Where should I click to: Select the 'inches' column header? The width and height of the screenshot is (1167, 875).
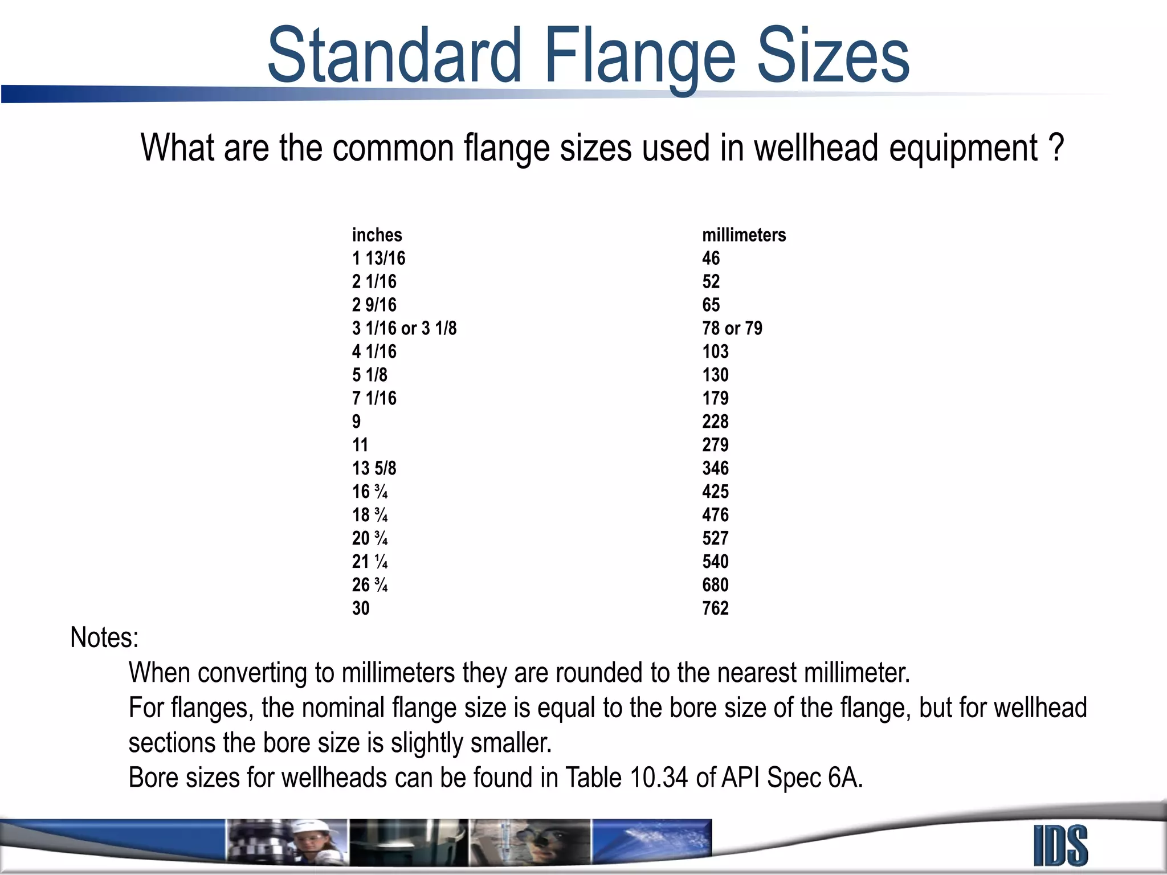[x=377, y=235]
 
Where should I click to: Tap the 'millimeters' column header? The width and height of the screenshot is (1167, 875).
[x=744, y=235]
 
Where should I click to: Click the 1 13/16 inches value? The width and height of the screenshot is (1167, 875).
[x=378, y=258]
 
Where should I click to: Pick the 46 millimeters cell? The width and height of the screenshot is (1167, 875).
[x=711, y=258]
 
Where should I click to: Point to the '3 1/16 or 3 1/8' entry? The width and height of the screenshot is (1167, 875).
[x=404, y=328]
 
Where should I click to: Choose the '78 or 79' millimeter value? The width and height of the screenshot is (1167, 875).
[x=732, y=328]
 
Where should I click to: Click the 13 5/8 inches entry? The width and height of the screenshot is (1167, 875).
[x=374, y=468]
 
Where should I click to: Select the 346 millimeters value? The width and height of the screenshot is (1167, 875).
[x=715, y=468]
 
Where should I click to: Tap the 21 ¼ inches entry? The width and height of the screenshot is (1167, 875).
[x=370, y=562]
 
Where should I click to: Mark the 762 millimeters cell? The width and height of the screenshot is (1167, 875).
[x=715, y=608]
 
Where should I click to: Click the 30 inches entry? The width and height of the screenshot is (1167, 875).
[x=361, y=608]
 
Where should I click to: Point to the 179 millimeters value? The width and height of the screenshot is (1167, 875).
[x=715, y=398]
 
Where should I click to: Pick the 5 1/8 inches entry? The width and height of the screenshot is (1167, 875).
[x=369, y=375]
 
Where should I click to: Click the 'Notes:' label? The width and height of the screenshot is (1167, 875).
[x=104, y=637]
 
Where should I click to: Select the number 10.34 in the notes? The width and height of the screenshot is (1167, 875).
[x=659, y=778]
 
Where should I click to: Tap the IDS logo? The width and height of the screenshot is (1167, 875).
[x=1060, y=846]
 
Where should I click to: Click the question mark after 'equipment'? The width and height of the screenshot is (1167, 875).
[x=1056, y=148]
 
